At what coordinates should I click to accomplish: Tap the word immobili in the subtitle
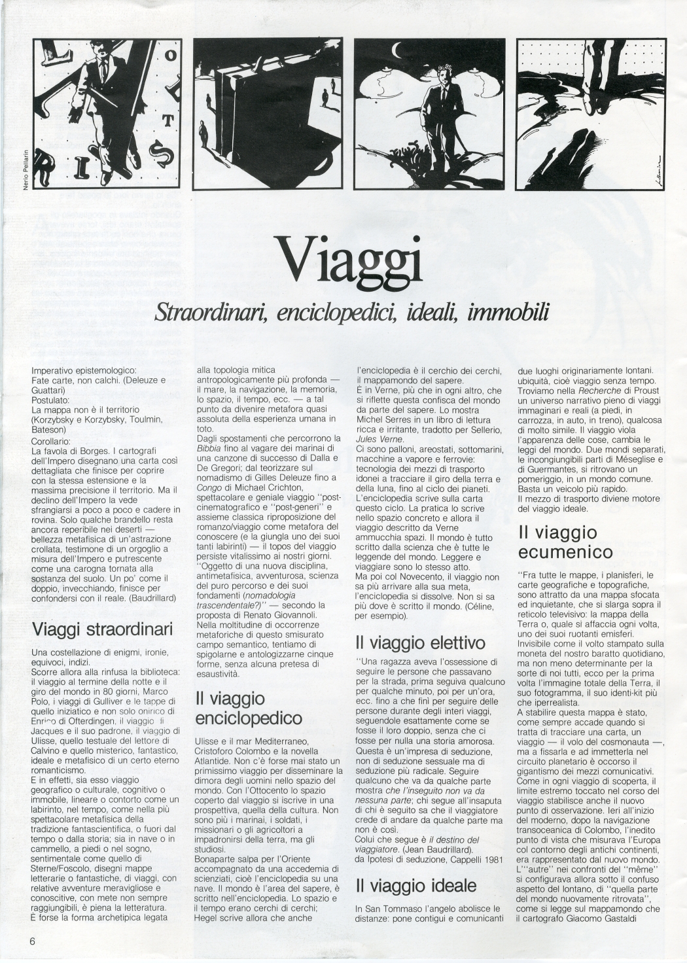coord(508,312)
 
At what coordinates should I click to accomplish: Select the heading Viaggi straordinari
coord(103,629)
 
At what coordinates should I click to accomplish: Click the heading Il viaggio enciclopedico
coord(249,709)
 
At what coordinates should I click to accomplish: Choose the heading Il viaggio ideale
coord(416,886)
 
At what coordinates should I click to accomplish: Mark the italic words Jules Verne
coord(383,438)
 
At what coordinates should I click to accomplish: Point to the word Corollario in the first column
coord(54,441)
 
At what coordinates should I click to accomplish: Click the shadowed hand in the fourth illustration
coord(574,157)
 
